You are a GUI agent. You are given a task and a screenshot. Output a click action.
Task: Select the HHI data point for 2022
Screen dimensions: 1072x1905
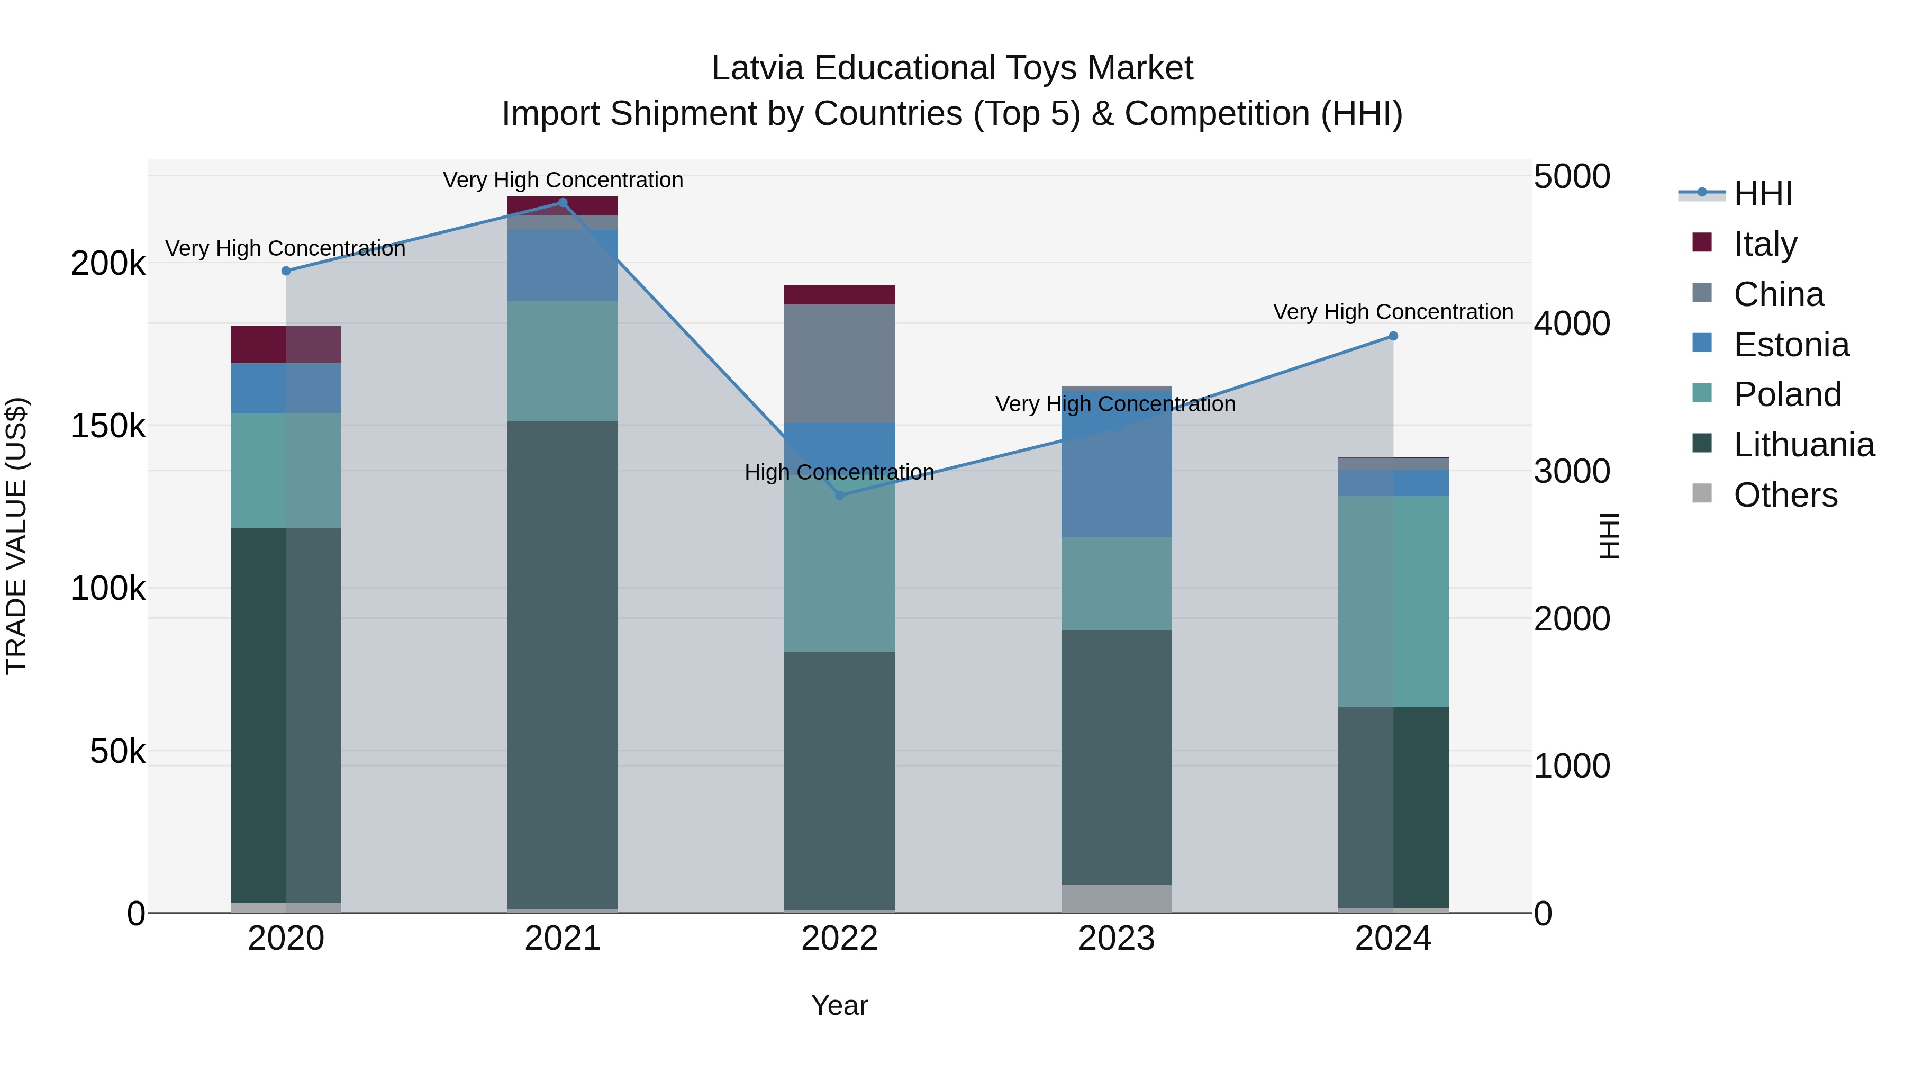pos(839,495)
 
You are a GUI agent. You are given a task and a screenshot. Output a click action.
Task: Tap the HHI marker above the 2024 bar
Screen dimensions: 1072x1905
pos(1393,336)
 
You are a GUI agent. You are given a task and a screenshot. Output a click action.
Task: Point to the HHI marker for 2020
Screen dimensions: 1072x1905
pos(286,271)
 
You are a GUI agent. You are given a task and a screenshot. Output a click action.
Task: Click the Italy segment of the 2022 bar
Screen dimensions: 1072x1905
pos(839,294)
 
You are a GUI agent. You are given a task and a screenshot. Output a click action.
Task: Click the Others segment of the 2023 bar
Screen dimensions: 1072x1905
pos(1116,898)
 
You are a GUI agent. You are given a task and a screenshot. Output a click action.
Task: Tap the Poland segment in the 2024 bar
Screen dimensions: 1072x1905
pos(1393,601)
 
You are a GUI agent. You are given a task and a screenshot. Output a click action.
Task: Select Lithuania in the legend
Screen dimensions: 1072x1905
pos(1803,445)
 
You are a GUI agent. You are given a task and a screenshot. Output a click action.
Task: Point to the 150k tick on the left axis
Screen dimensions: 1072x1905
pos(108,426)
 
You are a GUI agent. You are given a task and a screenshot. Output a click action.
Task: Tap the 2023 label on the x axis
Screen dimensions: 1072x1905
pos(1116,939)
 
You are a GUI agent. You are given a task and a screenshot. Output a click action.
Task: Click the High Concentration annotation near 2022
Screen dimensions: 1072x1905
pos(839,472)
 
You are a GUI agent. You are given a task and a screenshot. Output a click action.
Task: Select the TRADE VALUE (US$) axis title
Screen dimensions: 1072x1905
pos(16,536)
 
